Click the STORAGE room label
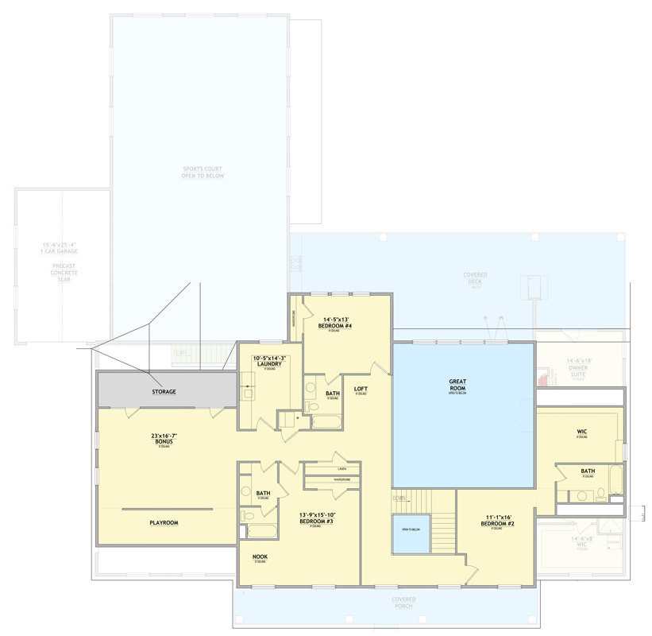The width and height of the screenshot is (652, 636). point(164,392)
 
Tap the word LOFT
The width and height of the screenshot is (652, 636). point(361,389)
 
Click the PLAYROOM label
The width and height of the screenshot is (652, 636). point(164,523)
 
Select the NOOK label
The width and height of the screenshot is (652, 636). point(260,556)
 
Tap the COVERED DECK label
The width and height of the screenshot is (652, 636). point(475,279)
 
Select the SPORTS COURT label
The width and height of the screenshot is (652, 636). point(203,173)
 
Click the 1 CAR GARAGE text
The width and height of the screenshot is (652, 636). point(60,251)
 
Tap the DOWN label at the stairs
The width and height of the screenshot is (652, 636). point(399,498)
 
